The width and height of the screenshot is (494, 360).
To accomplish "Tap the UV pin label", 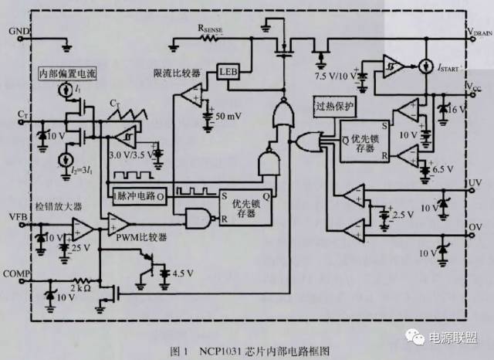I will coord(474,182).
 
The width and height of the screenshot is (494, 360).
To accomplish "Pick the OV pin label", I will coord(474,228).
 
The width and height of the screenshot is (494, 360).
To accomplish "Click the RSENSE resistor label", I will coord(211,25).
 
